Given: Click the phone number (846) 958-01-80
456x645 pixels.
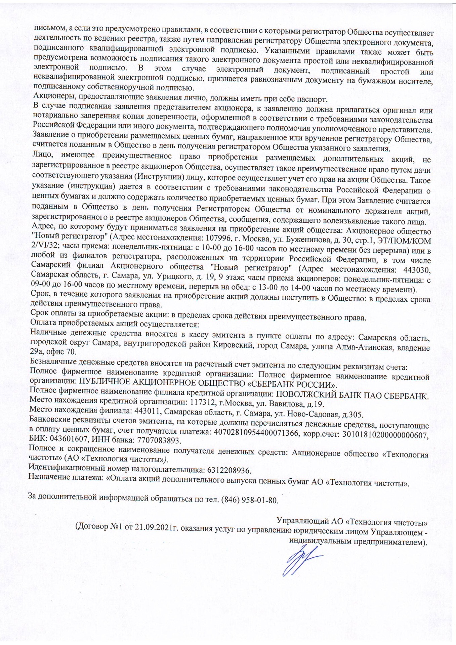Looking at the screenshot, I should coord(250,500).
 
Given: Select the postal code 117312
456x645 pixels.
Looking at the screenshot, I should coord(201,403).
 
